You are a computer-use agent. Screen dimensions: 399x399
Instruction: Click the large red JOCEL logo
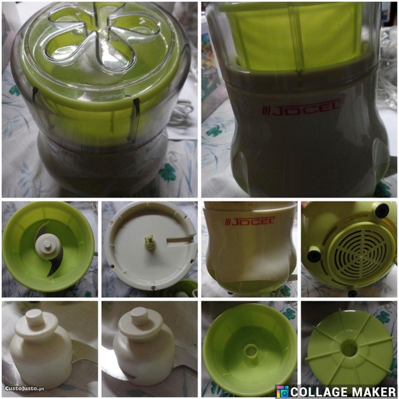301,108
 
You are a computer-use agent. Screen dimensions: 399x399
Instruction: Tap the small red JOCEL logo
249,221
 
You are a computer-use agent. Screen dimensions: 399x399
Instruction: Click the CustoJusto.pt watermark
25,388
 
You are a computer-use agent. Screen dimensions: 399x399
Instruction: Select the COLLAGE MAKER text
343,392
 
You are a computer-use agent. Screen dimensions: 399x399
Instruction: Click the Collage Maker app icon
283,392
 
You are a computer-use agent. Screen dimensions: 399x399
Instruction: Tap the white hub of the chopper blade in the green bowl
48,247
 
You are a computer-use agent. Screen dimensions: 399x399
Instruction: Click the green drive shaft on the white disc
150,242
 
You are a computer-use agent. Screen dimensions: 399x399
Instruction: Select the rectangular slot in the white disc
179,239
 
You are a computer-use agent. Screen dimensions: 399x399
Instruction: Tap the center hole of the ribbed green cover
349,348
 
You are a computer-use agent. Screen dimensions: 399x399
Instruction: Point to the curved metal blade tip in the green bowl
52,271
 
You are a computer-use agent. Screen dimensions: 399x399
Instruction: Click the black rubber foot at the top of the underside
382,210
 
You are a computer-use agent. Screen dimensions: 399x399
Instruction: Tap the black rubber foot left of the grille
314,255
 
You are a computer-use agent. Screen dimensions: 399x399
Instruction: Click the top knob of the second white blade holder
140,317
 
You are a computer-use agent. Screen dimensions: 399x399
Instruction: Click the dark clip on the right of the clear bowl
136,120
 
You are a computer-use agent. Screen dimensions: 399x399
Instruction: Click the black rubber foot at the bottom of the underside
352,293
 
